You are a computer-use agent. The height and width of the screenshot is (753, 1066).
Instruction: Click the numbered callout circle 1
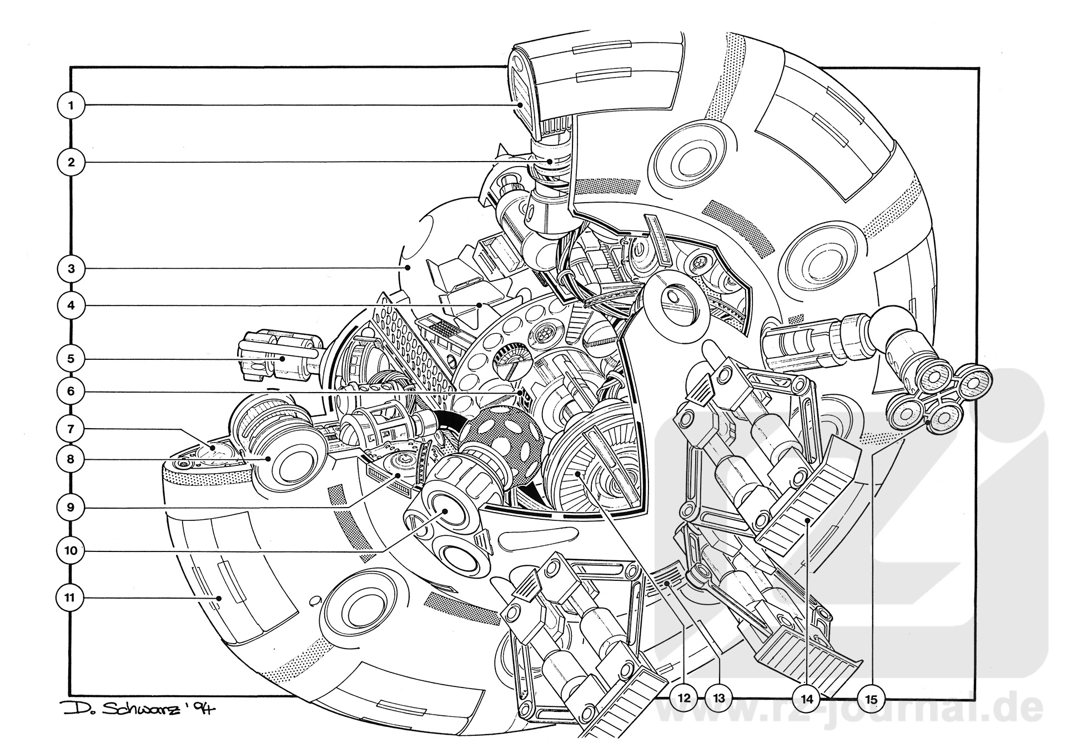(71, 106)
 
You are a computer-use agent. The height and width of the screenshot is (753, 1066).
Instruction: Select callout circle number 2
(71, 162)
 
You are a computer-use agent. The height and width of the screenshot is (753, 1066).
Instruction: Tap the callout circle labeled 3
(71, 269)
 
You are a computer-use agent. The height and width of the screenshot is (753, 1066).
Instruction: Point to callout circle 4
(71, 305)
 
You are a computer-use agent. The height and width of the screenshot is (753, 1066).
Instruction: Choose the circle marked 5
(71, 359)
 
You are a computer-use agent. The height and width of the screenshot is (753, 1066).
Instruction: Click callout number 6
(71, 391)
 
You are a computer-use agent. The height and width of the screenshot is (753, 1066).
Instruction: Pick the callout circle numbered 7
(71, 429)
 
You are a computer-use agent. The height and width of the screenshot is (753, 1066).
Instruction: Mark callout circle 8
(71, 460)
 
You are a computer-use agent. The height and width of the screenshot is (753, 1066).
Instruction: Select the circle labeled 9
(71, 508)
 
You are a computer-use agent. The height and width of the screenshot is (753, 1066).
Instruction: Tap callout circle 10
(71, 551)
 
